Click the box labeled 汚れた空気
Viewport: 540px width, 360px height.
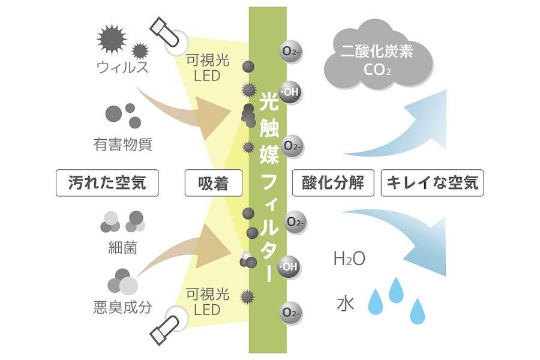tap(108, 183)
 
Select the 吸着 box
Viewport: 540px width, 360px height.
tap(213, 183)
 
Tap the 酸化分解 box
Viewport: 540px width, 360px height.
tap(333, 183)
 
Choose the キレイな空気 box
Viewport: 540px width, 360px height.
tap(432, 183)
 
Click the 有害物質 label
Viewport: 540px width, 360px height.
tap(122, 144)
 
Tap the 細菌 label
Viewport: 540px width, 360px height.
tap(122, 247)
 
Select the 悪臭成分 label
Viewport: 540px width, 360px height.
tap(122, 308)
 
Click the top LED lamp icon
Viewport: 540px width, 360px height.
tap(168, 31)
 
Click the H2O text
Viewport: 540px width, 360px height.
tap(349, 260)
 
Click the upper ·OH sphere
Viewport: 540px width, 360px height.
tap(290, 92)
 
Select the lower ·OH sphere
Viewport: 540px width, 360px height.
tap(290, 265)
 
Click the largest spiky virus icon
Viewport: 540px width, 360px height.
tap(112, 39)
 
